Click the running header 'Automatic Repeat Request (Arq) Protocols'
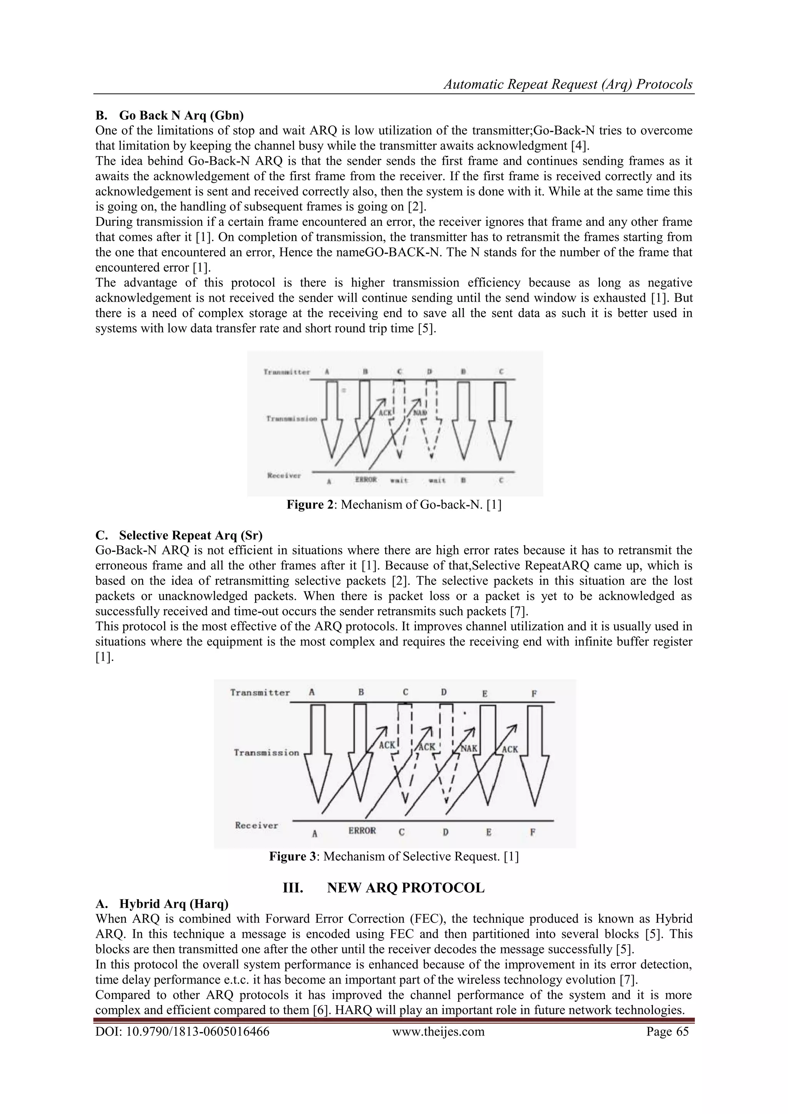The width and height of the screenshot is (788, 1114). coord(568,84)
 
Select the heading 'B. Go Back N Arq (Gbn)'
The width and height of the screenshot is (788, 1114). coord(169,115)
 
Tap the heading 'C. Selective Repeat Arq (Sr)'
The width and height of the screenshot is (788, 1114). coord(179,535)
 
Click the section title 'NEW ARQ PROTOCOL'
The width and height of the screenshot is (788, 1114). coord(405,888)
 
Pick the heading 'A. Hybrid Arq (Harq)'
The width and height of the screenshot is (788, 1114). coord(162,904)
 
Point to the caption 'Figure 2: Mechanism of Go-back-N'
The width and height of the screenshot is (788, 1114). coord(394,504)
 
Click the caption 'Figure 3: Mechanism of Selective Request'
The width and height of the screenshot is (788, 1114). coord(394,856)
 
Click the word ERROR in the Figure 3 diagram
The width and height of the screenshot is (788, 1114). coord(362,831)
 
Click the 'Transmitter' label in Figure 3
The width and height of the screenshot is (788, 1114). coord(260,692)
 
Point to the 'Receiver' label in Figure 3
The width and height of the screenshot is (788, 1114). coord(256,825)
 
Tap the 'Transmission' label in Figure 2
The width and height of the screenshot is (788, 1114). coord(291,418)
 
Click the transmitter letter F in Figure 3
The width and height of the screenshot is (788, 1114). coord(534,694)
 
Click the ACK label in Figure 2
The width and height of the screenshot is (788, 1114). coord(385,413)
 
